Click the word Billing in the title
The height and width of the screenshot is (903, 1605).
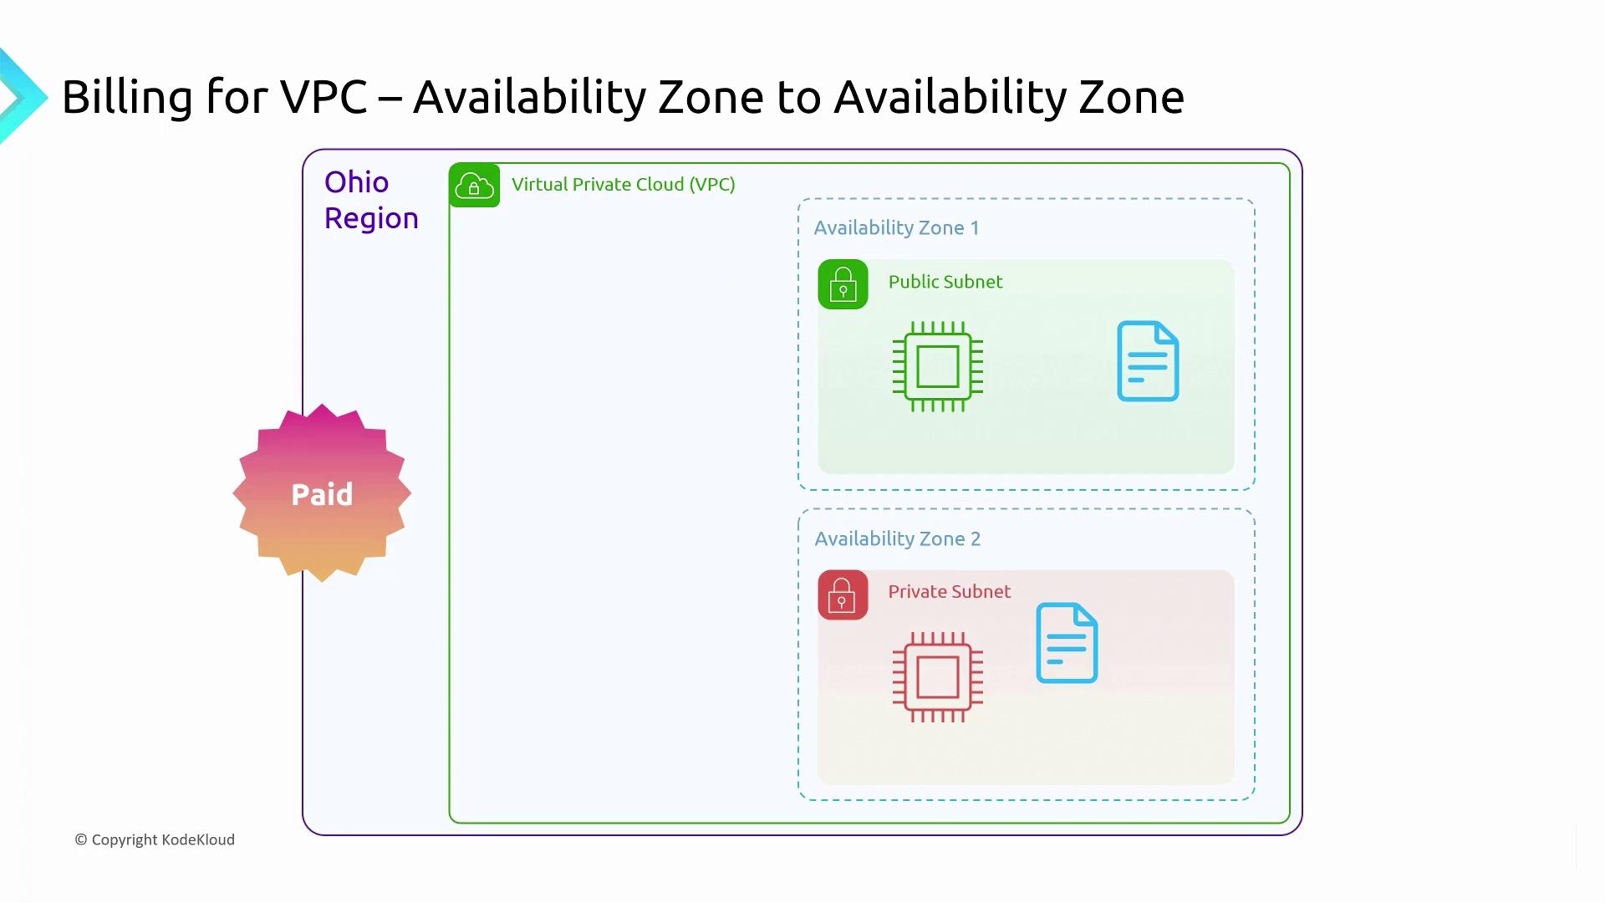coord(128,99)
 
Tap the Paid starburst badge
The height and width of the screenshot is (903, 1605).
coord(322,493)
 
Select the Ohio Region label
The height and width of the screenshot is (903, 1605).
coord(371,200)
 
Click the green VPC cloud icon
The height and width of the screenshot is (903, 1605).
coord(474,185)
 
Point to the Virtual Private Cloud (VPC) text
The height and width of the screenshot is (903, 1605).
coord(624,184)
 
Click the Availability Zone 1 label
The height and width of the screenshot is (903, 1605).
coord(896,228)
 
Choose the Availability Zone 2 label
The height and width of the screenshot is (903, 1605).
coord(898,539)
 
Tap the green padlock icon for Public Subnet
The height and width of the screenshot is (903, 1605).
coord(843,284)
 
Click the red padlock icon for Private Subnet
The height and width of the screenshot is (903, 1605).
coord(843,595)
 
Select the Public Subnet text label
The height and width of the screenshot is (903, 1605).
coord(945,282)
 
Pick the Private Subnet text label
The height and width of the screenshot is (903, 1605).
coord(950,592)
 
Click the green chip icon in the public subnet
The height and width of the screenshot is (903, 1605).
coord(938,366)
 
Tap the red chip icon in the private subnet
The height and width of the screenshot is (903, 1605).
coord(938,676)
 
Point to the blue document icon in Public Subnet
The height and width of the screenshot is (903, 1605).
coord(1149,361)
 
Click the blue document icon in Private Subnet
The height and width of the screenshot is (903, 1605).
coord(1067,643)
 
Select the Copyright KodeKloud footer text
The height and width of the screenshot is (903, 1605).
coord(155,839)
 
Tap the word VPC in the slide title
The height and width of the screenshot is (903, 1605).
coord(324,97)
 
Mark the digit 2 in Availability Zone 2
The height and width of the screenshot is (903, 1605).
coord(976,539)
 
